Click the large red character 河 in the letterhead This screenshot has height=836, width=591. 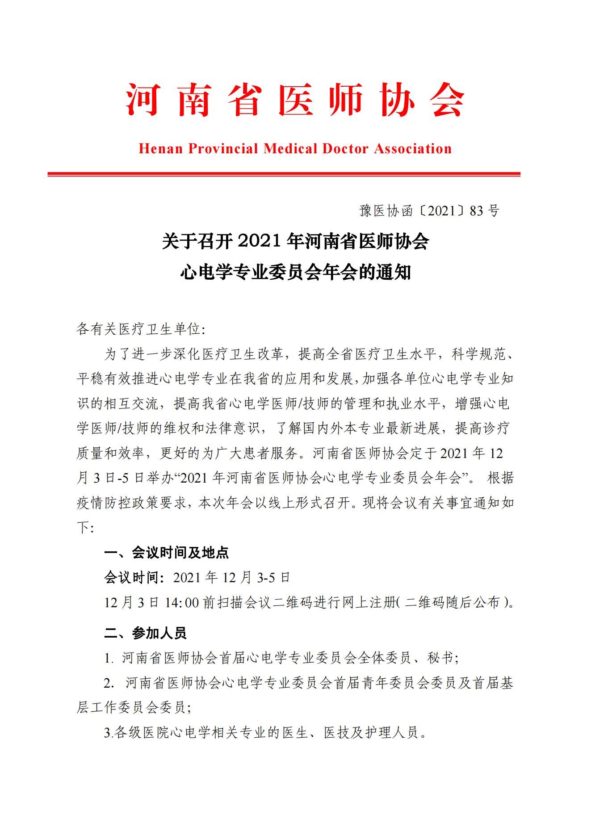pos(142,99)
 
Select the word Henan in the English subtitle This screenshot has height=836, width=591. pos(161,149)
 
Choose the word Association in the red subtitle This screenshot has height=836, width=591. pos(413,149)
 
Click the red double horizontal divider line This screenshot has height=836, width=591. pos(284,174)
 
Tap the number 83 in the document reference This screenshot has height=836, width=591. pos(477,211)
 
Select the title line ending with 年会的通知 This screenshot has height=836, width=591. pos(295,272)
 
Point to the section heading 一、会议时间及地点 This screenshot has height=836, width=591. pos(166,553)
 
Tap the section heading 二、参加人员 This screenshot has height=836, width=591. pos(145,633)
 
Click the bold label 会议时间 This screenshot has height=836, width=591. pos(131,578)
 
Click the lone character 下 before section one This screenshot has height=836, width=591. pos(84,528)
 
